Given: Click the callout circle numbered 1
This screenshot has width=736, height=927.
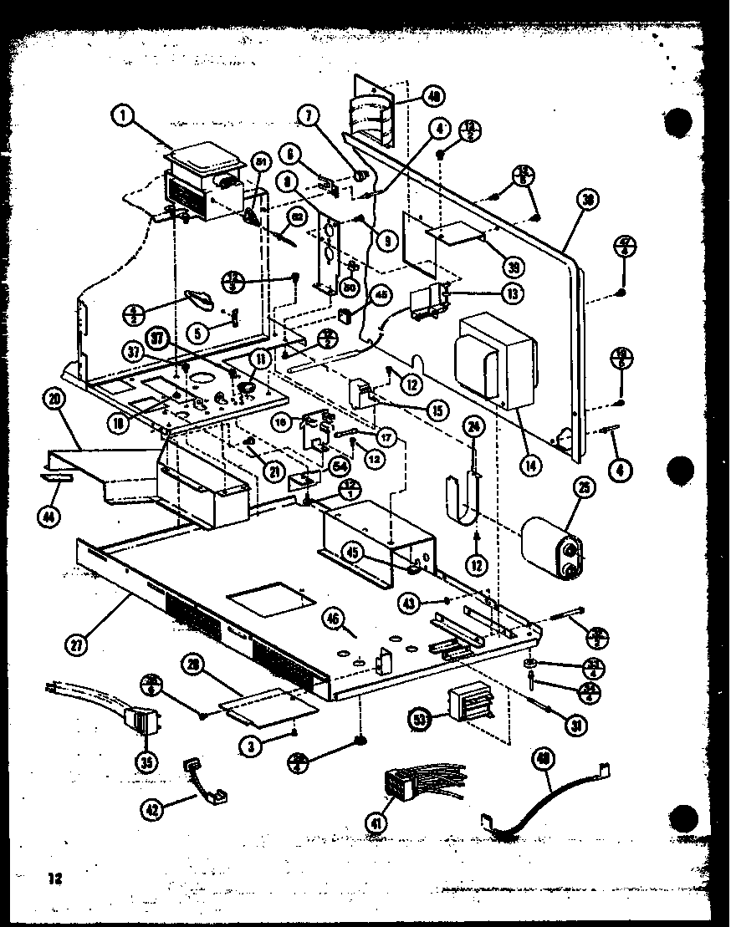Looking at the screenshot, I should (123, 116).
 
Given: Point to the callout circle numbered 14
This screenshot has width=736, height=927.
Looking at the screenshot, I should (528, 464).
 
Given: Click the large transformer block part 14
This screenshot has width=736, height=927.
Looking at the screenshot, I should (493, 359).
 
